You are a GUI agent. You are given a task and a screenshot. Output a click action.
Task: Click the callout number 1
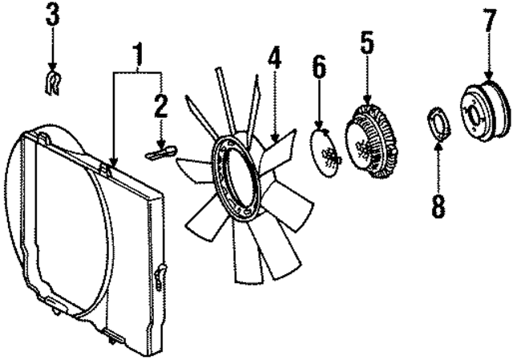(x=139, y=56)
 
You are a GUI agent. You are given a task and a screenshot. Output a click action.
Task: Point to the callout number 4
(x=275, y=59)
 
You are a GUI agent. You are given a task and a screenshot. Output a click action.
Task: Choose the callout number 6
(x=319, y=69)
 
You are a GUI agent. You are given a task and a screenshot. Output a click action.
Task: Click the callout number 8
(x=438, y=205)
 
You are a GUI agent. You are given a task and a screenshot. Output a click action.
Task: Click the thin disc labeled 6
(x=325, y=154)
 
